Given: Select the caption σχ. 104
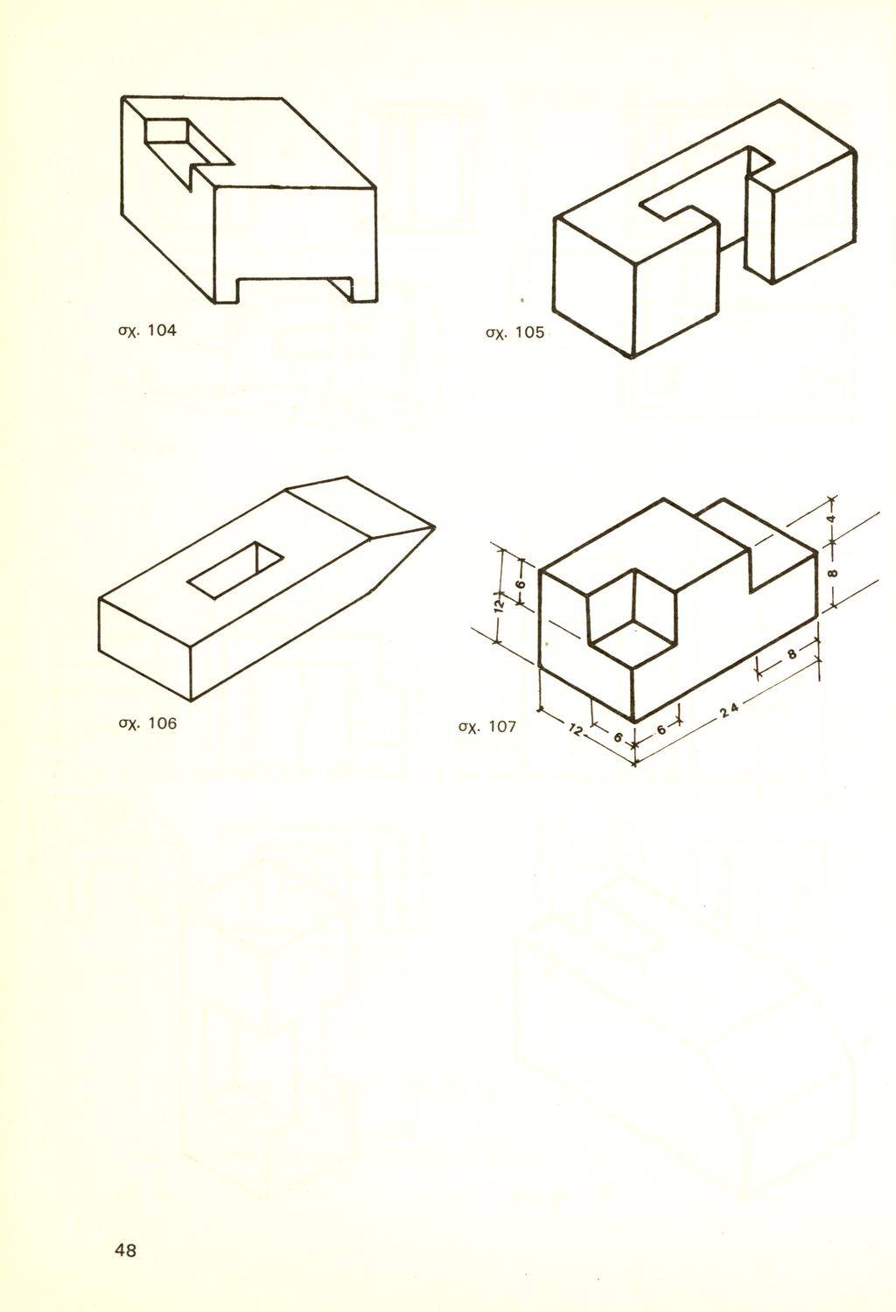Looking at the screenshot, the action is point(147,331).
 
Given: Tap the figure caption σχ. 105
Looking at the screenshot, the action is point(515,333).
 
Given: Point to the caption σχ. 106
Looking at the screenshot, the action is point(147,724).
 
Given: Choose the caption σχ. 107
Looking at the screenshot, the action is point(487,728).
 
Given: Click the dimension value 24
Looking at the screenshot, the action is point(729,709).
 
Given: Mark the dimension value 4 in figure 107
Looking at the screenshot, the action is point(831,519).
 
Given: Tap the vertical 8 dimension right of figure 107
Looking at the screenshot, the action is point(833,572).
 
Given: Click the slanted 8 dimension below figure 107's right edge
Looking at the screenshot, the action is point(792,653).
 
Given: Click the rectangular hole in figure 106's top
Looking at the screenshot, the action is point(235,570).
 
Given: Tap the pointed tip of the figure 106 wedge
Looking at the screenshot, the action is point(435,527).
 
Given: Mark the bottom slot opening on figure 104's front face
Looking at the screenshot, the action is point(294,290).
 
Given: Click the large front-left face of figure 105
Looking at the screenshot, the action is point(593,287).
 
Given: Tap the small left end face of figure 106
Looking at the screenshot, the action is point(145,650).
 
